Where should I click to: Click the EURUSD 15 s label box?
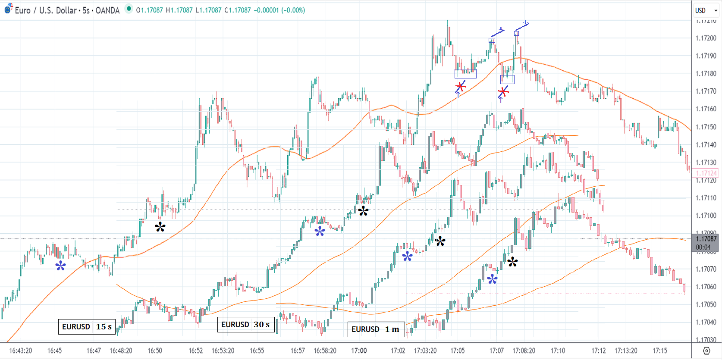87,327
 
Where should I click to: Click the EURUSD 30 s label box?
246,325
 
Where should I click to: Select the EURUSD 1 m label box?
376,329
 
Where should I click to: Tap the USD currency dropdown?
706,10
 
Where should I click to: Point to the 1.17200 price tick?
706,38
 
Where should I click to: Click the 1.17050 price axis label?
706,304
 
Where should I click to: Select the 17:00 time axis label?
359,351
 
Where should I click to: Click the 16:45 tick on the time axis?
54,351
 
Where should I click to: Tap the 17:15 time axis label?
659,351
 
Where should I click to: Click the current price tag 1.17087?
706,239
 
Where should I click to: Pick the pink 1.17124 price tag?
706,173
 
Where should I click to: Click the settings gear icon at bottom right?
706,351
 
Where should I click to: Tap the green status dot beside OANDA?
129,9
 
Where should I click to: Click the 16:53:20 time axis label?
223,351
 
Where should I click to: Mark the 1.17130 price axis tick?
706,163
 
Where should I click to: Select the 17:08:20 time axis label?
524,351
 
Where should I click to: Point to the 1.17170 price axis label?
706,91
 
